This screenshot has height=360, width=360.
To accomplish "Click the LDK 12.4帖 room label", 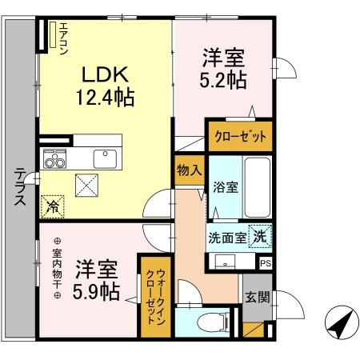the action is [x=105, y=86].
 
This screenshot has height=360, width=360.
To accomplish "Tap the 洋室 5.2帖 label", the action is [x=223, y=69].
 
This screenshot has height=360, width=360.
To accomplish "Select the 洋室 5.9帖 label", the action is [x=96, y=280].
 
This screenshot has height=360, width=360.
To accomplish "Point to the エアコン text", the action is [x=63, y=38].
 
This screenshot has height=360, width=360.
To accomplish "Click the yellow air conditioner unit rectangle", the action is [x=53, y=34].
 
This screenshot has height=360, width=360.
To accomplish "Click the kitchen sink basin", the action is [x=105, y=158].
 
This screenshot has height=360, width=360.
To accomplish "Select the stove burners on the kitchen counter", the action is [x=55, y=159].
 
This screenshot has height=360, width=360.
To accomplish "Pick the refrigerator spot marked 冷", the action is [x=53, y=206].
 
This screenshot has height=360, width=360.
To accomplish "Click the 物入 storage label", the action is [x=190, y=170].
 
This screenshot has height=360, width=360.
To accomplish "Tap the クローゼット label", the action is [x=241, y=137].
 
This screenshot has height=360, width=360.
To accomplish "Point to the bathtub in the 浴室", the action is [x=258, y=187].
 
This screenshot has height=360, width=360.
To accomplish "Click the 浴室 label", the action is [x=226, y=187].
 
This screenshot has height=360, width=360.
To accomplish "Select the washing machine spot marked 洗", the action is [x=260, y=236].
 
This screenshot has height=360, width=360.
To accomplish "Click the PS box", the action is [x=266, y=263].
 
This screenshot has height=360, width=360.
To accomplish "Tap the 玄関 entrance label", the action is [x=258, y=297].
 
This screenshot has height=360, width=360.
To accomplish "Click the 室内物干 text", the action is [x=57, y=269].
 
